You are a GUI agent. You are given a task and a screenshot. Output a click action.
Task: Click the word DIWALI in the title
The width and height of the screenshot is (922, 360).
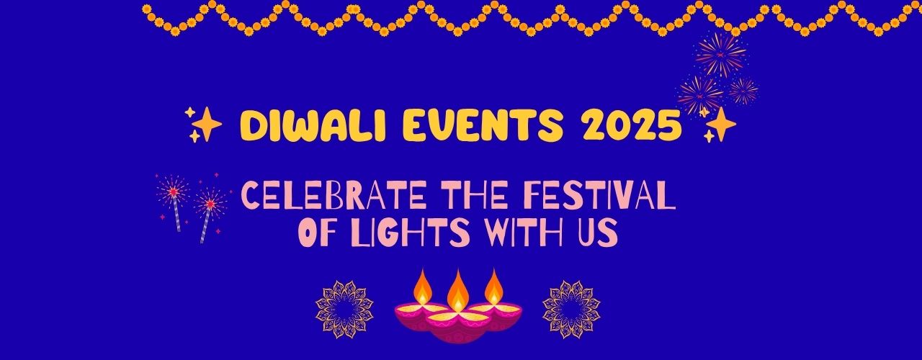coord(313,125)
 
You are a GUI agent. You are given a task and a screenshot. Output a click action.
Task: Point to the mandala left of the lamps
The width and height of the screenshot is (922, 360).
coord(344,310)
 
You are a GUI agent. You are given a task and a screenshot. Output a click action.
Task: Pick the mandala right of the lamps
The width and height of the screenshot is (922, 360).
coord(571,310)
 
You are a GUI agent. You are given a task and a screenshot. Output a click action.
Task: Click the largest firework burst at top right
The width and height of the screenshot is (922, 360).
coord(721,55)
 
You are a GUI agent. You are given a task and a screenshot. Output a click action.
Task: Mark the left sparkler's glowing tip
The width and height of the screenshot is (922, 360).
coord(174,192)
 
